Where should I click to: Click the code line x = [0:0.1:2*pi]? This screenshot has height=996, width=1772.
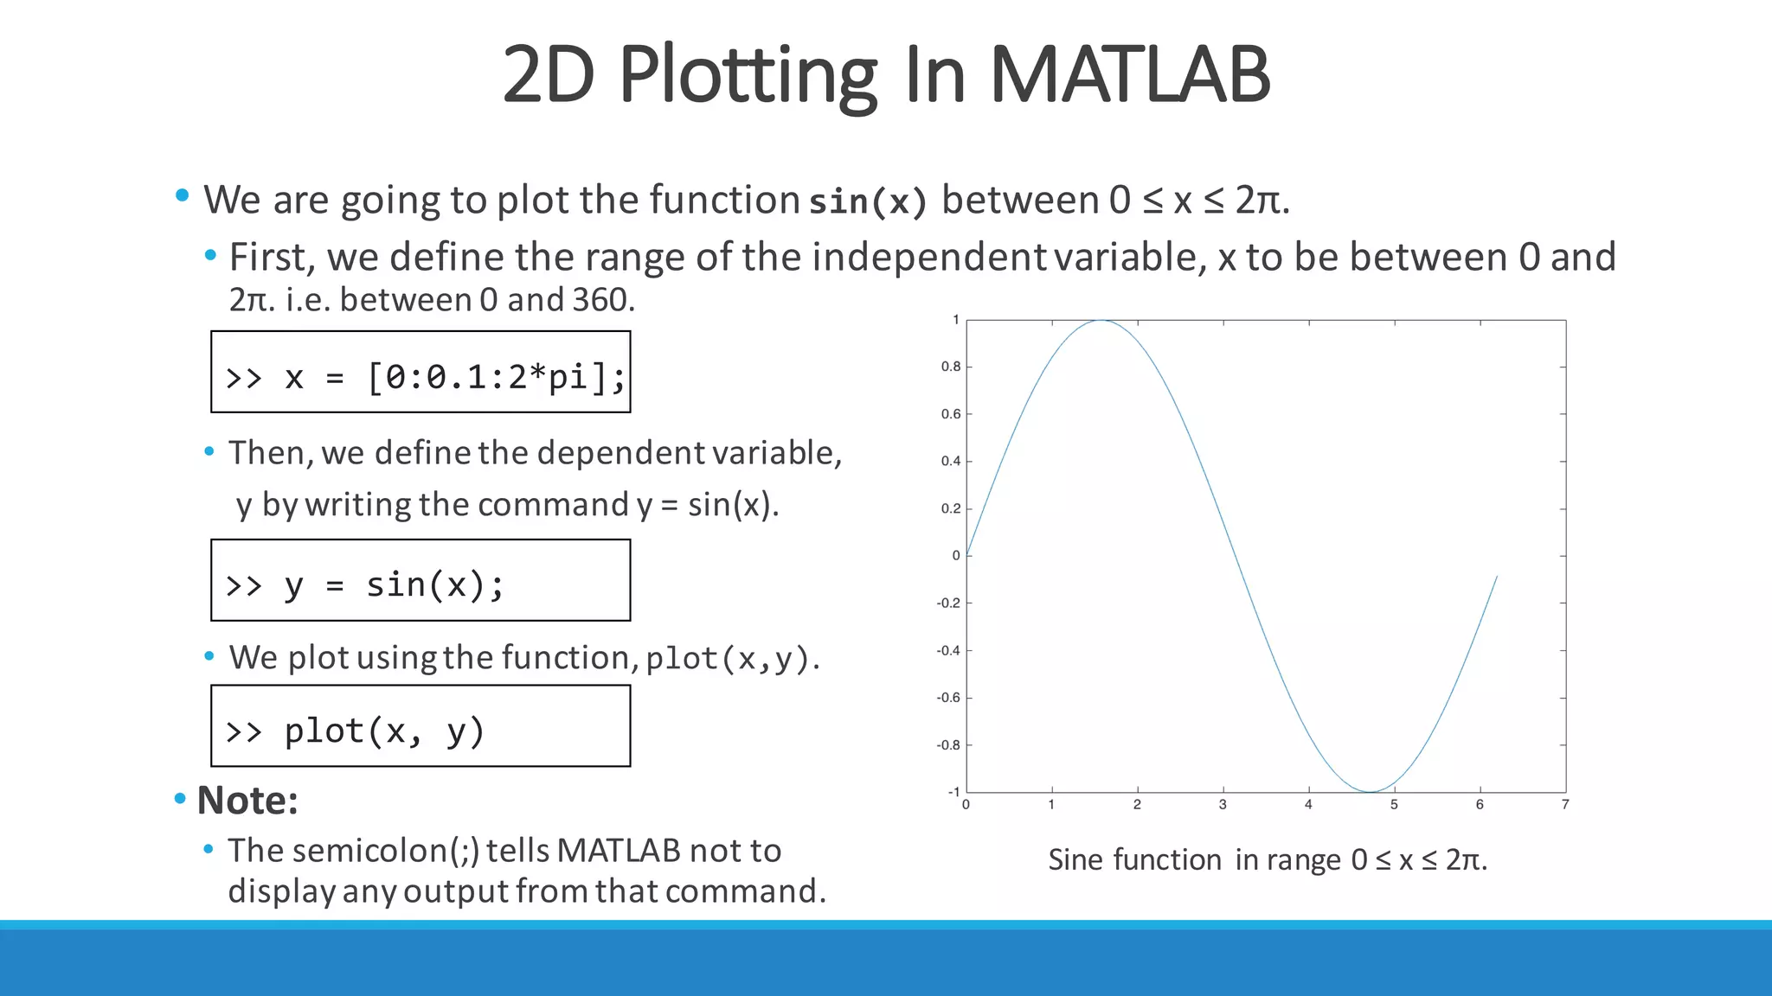pyautogui.click(x=423, y=377)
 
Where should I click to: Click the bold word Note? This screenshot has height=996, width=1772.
pyautogui.click(x=247, y=801)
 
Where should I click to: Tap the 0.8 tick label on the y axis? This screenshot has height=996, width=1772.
pyautogui.click(x=951, y=367)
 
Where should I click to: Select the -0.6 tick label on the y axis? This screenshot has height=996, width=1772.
pyautogui.click(x=948, y=698)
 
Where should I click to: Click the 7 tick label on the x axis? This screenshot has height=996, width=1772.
pyautogui.click(x=1565, y=805)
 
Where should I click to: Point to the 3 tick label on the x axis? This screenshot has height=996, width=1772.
pyautogui.click(x=1223, y=805)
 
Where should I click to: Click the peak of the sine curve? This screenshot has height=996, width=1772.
pyautogui.click(x=1101, y=321)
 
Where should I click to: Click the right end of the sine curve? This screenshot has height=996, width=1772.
pyautogui.click(x=1497, y=577)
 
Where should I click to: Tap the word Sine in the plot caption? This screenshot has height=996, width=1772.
pyautogui.click(x=1075, y=860)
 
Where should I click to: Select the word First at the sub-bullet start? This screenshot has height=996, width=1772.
pyautogui.click(x=267, y=258)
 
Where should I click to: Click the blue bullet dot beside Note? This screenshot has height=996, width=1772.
pyautogui.click(x=180, y=798)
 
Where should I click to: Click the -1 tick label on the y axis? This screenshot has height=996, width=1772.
pyautogui.click(x=953, y=792)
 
